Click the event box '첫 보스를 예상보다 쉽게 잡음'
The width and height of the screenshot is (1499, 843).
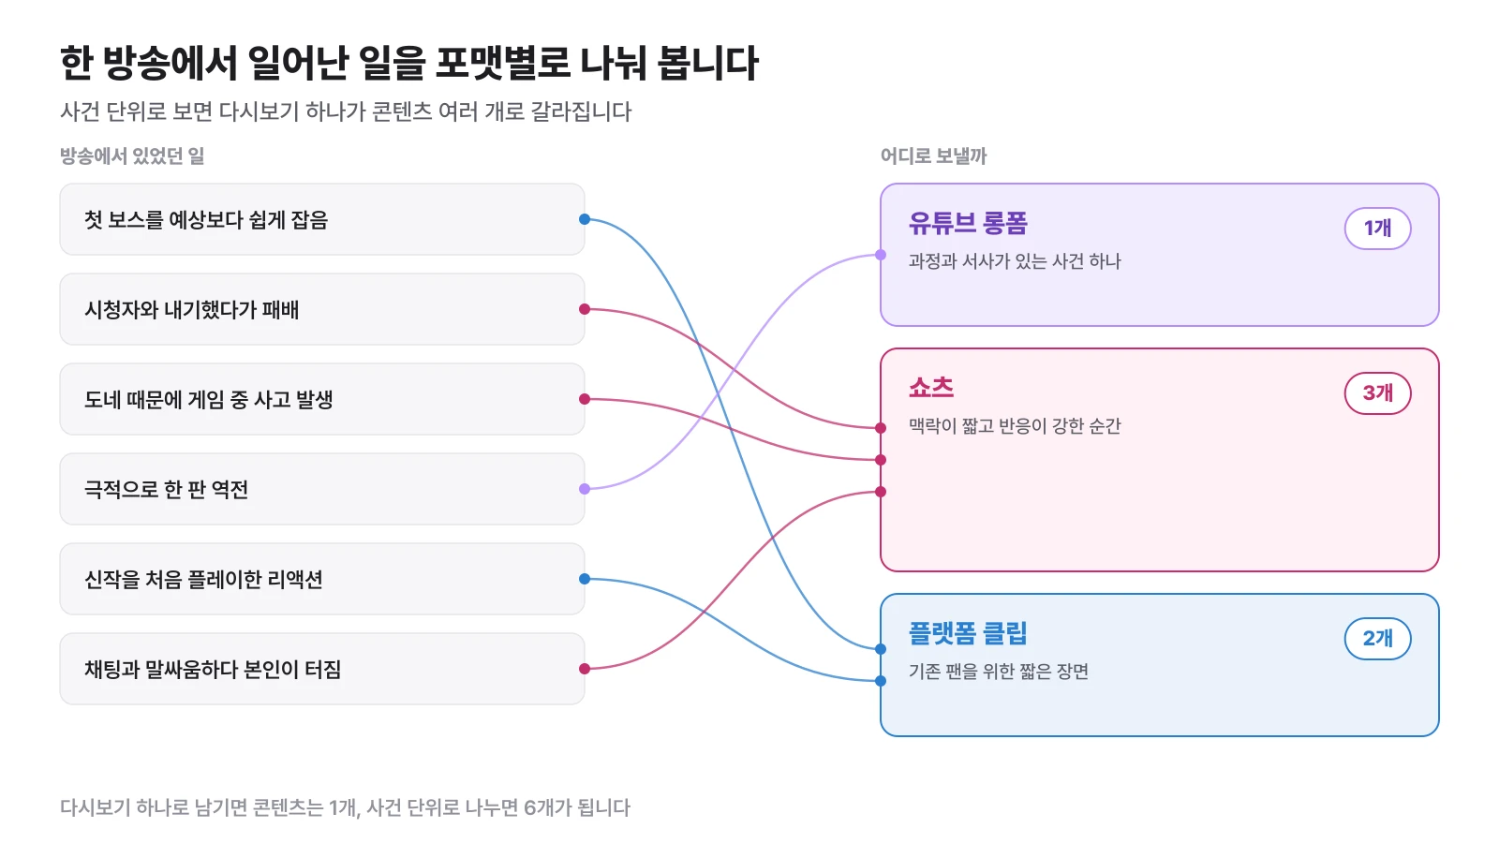click(x=322, y=219)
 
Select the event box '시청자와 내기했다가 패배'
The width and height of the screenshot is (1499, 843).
click(x=322, y=309)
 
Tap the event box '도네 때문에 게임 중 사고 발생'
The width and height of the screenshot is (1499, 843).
click(x=322, y=399)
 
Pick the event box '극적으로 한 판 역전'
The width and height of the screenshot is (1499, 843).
click(x=322, y=489)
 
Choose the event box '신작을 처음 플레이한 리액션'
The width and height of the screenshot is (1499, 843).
click(x=322, y=579)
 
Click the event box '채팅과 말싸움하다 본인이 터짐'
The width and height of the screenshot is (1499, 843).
click(x=322, y=669)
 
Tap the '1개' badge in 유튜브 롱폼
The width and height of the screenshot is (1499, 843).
click(x=1378, y=229)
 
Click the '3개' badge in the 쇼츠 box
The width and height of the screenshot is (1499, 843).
click(x=1378, y=392)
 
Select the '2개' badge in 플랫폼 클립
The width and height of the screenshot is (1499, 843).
click(x=1378, y=638)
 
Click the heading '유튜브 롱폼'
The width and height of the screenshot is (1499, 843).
click(x=968, y=223)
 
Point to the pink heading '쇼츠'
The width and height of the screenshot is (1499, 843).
click(x=931, y=388)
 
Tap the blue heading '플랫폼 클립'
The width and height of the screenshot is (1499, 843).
click(x=968, y=633)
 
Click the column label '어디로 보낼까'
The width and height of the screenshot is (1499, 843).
click(x=933, y=155)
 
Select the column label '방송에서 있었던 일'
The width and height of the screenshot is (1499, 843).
click(x=132, y=155)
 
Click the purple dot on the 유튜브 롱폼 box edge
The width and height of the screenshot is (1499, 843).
click(x=881, y=255)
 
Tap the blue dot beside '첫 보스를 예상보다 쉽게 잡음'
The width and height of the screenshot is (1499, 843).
click(x=585, y=219)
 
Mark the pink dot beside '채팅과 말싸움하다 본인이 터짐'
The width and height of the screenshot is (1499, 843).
click(x=585, y=669)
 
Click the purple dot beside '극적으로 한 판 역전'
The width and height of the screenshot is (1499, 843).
click(x=585, y=489)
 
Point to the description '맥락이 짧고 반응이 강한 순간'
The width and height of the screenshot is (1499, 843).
click(x=1015, y=426)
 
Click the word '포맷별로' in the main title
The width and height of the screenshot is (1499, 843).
click(x=502, y=64)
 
